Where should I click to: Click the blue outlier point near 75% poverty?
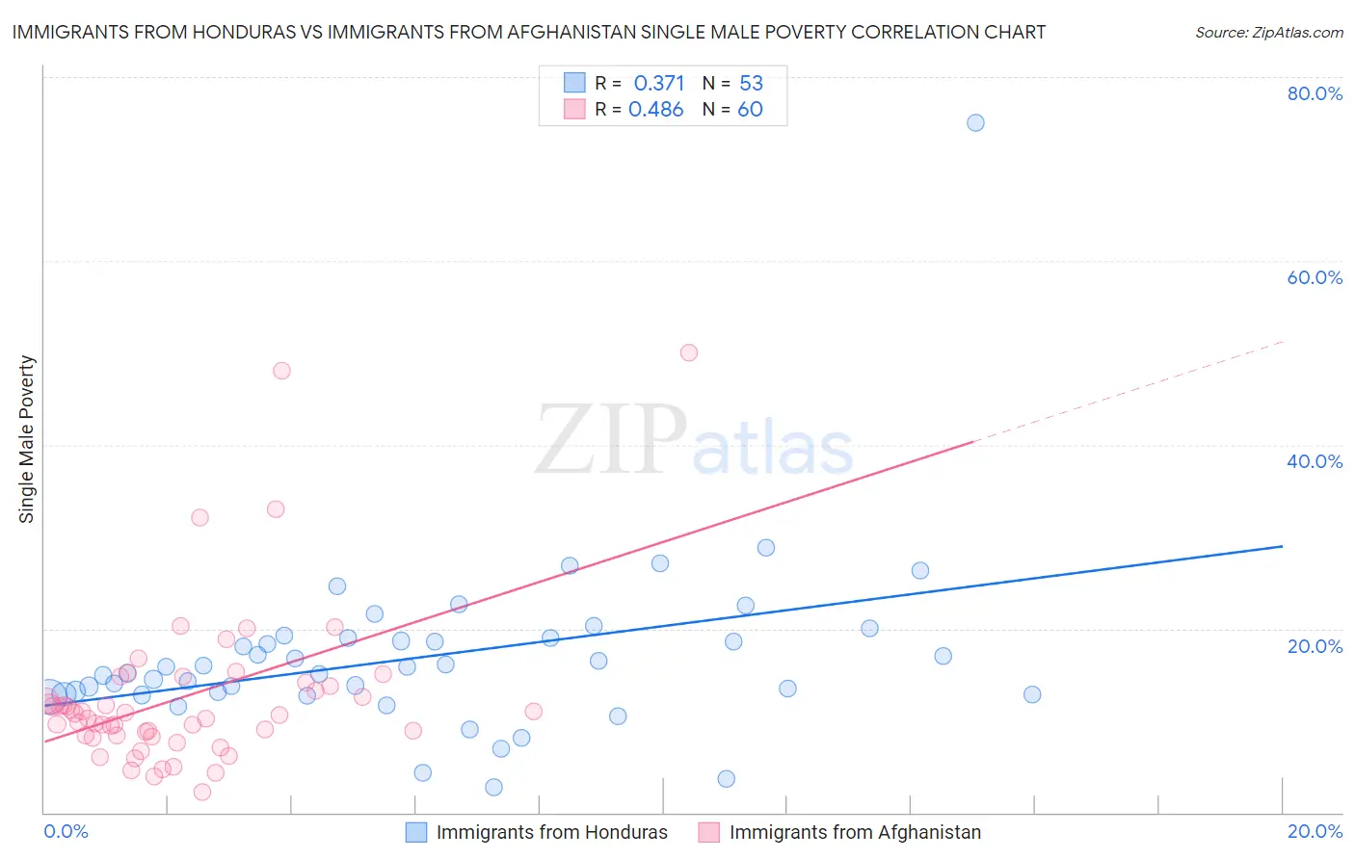point(975,122)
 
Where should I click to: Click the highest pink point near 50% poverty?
point(688,352)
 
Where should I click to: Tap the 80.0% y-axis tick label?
point(1315,93)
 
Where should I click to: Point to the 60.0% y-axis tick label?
point(1315,277)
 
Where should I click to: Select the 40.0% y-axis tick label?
point(1315,461)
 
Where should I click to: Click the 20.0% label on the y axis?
point(1315,646)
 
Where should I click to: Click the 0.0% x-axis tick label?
point(66,831)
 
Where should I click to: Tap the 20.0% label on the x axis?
point(1315,831)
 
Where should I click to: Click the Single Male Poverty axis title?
point(27,439)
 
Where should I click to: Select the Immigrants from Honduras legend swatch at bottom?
point(416,832)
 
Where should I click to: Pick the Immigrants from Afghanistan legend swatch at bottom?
point(709,832)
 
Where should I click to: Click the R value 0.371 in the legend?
point(659,83)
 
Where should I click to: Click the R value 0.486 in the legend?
point(656,110)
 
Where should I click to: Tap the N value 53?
point(751,83)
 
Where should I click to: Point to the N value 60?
point(750,110)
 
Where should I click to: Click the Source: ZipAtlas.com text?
point(1268,33)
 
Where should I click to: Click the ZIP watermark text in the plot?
point(611,440)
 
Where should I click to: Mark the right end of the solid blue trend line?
point(1282,546)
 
